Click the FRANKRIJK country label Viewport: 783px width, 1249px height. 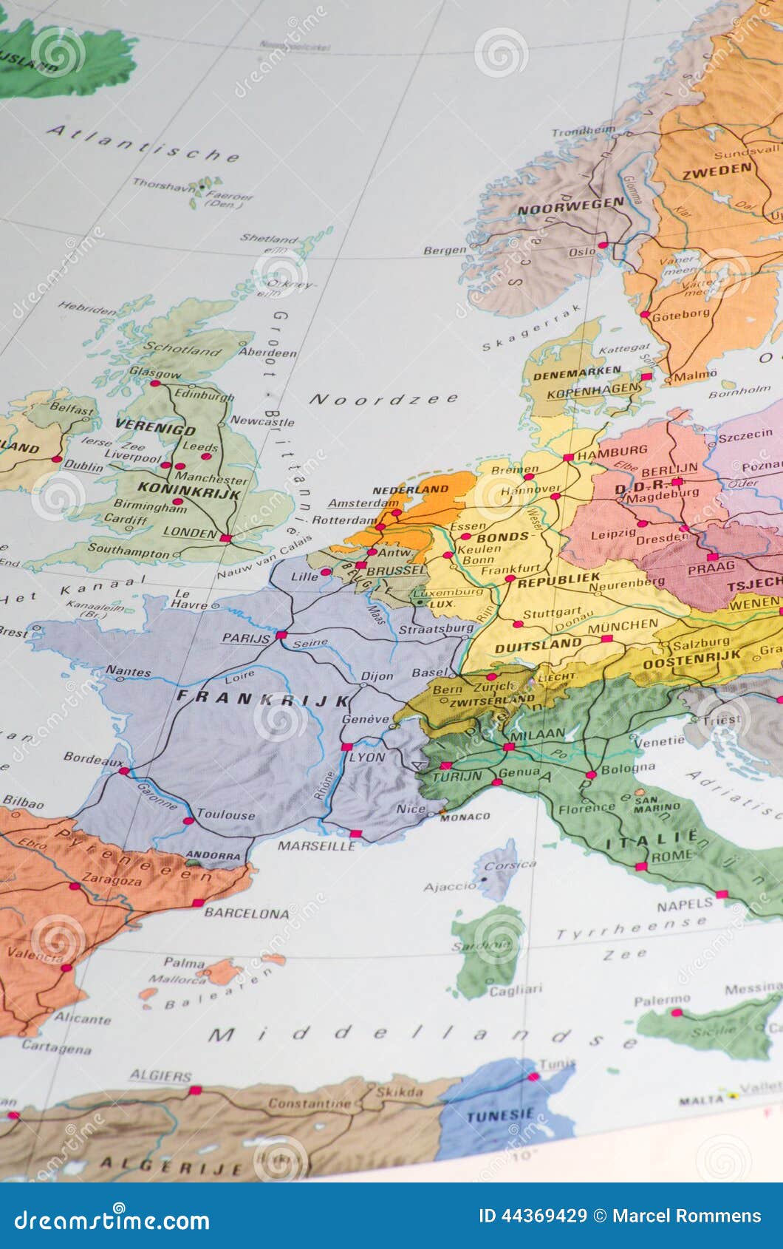tap(263, 700)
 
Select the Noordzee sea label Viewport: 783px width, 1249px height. tap(383, 400)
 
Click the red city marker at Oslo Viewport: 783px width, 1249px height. tap(603, 245)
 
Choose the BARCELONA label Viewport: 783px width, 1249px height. tap(247, 913)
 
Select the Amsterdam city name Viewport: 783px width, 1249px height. tap(358, 503)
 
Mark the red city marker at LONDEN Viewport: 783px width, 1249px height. tap(225, 538)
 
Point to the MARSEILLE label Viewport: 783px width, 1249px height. tap(315, 845)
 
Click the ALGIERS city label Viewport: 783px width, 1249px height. tap(160, 1076)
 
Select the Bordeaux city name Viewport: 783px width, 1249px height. tap(94, 758)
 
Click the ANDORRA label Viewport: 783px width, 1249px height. tap(213, 856)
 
